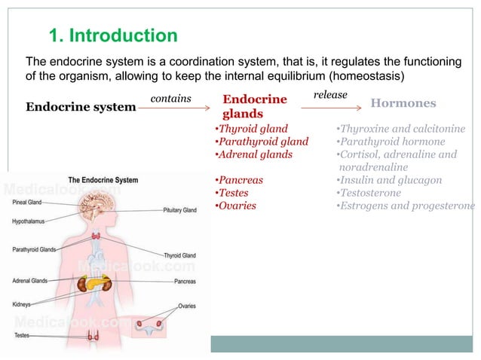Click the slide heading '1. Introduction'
click(x=113, y=35)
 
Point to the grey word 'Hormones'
click(x=403, y=103)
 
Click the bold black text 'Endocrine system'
click(x=81, y=107)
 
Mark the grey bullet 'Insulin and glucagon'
click(x=389, y=180)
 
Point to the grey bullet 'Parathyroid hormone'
click(x=391, y=142)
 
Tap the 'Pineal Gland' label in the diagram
click(x=27, y=202)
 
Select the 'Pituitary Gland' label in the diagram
click(x=179, y=210)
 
